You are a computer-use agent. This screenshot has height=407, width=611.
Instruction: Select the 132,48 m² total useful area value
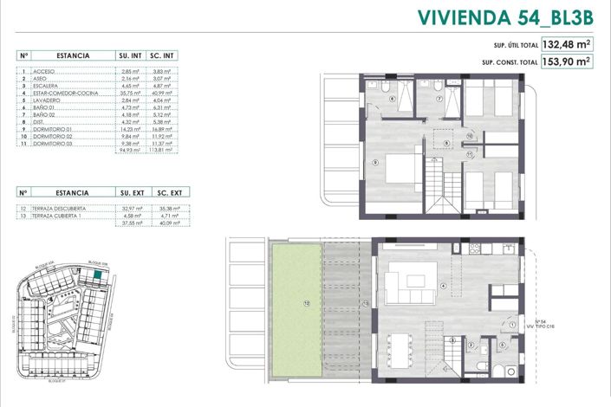[x=567, y=44]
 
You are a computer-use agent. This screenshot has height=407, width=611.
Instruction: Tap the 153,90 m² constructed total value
[x=567, y=61]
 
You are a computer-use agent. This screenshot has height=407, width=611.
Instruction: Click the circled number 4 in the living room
[x=444, y=286]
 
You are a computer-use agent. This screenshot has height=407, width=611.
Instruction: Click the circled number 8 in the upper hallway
[x=445, y=143]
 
